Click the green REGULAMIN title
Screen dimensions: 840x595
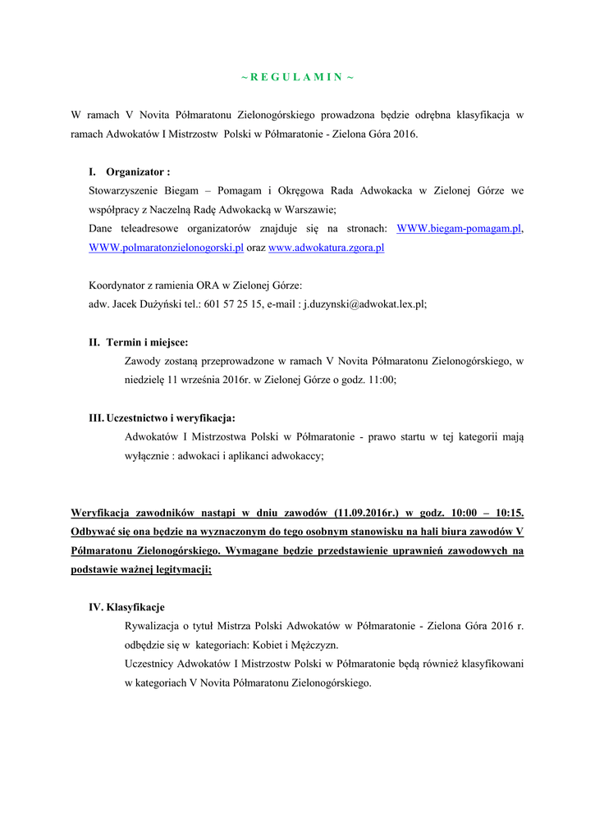297,77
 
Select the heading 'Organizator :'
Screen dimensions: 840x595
138,172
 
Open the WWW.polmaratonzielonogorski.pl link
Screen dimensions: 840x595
166,247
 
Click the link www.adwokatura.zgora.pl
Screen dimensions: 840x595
327,247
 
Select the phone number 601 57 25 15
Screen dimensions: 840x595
236,304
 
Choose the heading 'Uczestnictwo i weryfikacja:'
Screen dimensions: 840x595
171,418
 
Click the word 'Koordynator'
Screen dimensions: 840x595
117,285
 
